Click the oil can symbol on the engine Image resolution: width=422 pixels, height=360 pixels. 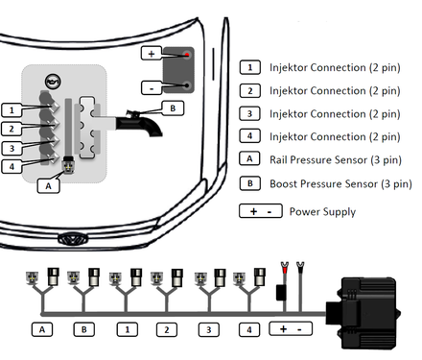53,82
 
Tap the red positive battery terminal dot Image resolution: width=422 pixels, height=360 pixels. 187,55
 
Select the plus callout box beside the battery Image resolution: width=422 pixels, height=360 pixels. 152,54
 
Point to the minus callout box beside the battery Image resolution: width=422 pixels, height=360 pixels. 152,87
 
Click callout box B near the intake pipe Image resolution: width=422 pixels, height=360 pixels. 173,108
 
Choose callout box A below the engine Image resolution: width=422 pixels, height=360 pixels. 48,186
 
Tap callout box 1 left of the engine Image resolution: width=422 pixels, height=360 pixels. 12,110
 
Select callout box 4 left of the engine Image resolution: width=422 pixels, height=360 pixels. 12,166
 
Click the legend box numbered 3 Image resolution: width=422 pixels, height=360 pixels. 250,113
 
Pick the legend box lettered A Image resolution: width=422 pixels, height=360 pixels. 250,158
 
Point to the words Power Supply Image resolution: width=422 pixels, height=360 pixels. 322,212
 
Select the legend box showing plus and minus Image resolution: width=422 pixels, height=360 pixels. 261,211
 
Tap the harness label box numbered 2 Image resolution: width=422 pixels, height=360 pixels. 167,329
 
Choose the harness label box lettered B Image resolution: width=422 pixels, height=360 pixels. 84,329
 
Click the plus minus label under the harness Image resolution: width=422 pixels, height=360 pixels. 291,329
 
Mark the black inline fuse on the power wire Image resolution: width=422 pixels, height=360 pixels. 282,293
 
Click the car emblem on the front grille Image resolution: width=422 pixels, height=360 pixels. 73,238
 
